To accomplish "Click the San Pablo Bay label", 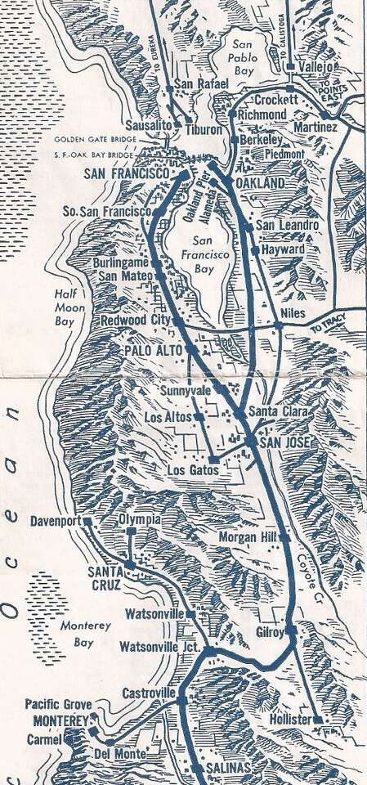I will point(243,58).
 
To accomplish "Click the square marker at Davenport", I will point(87,521).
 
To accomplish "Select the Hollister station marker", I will point(317,719).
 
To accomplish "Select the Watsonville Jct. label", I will point(159,647).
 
